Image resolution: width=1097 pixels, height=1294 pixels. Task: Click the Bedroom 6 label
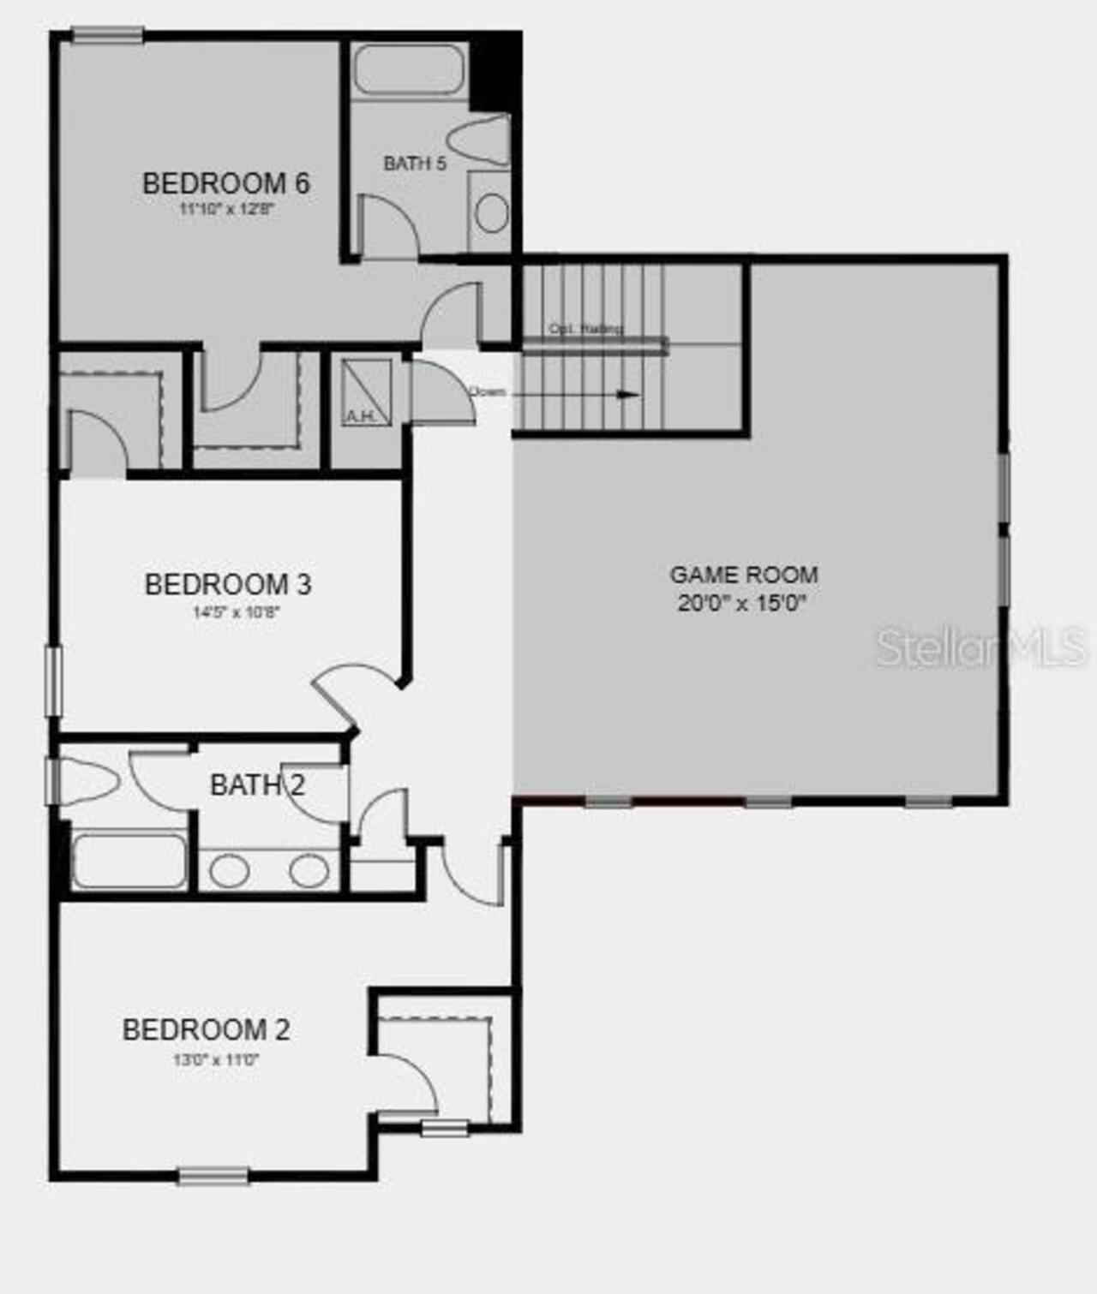point(225,183)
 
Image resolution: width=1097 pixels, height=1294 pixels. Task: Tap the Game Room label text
point(743,574)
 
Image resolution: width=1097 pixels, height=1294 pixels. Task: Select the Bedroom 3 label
point(227,584)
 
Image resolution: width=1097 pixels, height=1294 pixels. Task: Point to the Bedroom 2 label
point(206,1029)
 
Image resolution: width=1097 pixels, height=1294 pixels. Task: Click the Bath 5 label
point(415,163)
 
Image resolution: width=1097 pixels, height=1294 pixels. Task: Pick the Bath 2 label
point(257,784)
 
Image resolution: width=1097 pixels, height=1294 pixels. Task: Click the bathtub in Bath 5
point(409,69)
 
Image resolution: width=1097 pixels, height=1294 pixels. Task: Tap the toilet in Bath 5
point(480,140)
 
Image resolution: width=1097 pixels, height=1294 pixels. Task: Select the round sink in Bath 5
point(491,212)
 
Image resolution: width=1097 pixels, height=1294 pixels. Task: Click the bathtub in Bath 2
point(129,862)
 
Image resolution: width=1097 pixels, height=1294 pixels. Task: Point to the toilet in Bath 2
point(86,781)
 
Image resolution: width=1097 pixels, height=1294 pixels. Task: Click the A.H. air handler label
point(360,416)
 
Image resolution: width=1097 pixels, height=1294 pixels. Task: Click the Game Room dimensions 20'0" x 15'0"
point(742,603)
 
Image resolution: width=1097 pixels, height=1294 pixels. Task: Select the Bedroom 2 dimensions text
point(216,1059)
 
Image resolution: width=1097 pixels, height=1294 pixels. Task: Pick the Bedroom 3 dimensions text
point(237,612)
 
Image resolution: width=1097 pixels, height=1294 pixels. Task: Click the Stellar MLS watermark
point(980,647)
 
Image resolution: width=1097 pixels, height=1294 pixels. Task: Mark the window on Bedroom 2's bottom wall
point(213,1176)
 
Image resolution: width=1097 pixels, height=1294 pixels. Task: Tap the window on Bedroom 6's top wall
point(107,35)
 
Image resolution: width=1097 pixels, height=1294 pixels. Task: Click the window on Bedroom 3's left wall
point(53,681)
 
